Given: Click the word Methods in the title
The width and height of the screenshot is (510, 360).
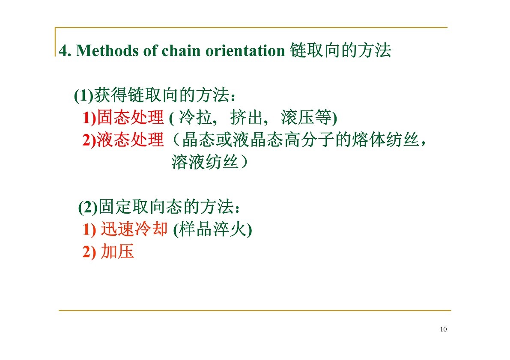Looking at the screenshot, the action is [x=107, y=51].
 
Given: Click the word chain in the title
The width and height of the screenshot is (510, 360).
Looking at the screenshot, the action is [x=181, y=51].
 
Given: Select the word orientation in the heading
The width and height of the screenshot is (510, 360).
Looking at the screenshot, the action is [x=245, y=51].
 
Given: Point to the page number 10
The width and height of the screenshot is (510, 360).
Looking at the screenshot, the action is [x=443, y=330].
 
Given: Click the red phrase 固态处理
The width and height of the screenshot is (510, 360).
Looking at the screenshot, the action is [x=131, y=117].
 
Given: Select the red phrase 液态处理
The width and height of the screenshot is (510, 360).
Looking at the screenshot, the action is [x=131, y=140].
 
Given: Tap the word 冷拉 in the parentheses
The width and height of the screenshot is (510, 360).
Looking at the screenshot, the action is [x=195, y=117].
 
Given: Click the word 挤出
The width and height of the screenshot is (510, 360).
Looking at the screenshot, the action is [x=247, y=117].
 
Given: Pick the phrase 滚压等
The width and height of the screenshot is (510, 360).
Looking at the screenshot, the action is [x=306, y=117].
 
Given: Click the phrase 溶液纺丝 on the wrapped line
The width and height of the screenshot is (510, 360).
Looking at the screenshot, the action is [x=206, y=162].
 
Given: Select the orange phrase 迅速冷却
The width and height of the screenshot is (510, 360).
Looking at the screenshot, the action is [x=134, y=229].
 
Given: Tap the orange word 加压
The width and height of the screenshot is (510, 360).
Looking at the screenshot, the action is [x=117, y=251].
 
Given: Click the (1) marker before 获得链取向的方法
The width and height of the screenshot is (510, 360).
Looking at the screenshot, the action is [x=84, y=95].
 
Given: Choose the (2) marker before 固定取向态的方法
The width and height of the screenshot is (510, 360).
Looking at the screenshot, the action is [x=88, y=207].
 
